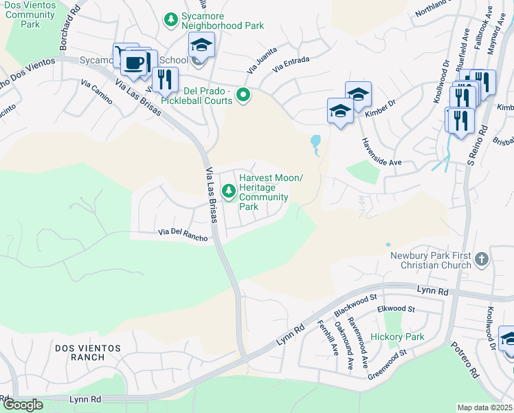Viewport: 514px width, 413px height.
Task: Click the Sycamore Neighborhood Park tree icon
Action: pos(171,19)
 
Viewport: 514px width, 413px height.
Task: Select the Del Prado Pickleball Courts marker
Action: pos(243,95)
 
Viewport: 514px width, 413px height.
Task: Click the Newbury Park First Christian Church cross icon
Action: pos(482,259)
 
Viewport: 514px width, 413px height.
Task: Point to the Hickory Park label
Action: pos(397,337)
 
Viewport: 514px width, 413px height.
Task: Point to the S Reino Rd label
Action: pos(477,145)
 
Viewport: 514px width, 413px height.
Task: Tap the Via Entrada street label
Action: pos(292,63)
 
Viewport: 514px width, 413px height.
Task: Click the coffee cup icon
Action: pos(133,64)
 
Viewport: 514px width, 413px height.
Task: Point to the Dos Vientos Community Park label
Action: pos(28,14)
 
